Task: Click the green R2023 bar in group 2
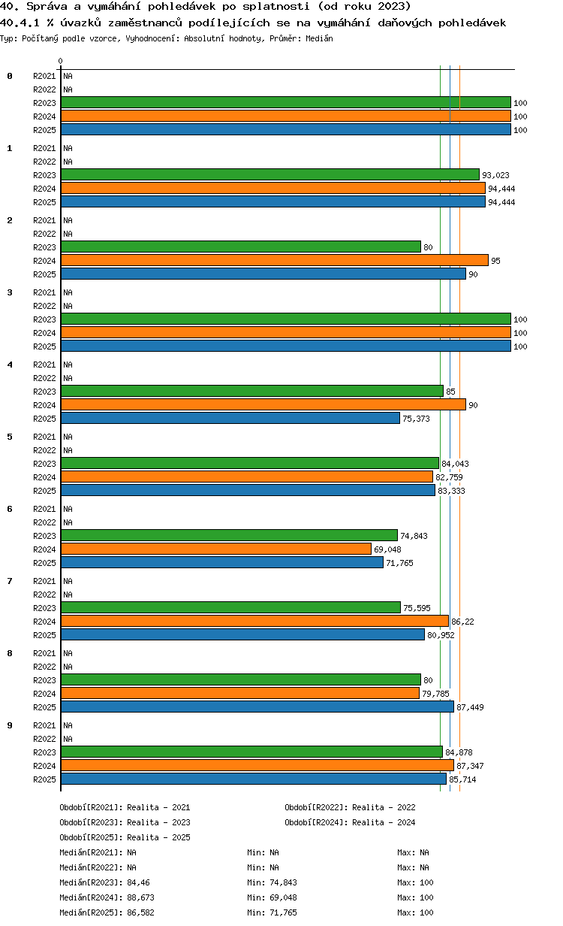241,247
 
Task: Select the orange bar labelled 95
275,260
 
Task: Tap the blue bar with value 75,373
230,418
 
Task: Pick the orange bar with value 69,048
216,549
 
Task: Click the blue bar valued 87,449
257,707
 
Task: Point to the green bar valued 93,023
270,174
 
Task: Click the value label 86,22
462,622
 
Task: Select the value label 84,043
455,464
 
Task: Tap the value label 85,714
462,779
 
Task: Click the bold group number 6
10,509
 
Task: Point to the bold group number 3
10,292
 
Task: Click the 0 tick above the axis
60,61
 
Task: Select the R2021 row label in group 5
44,437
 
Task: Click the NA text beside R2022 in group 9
68,739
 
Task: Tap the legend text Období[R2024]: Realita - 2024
350,822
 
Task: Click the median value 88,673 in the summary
141,897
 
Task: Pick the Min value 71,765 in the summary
283,912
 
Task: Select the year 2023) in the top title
394,6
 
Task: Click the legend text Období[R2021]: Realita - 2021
125,807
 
